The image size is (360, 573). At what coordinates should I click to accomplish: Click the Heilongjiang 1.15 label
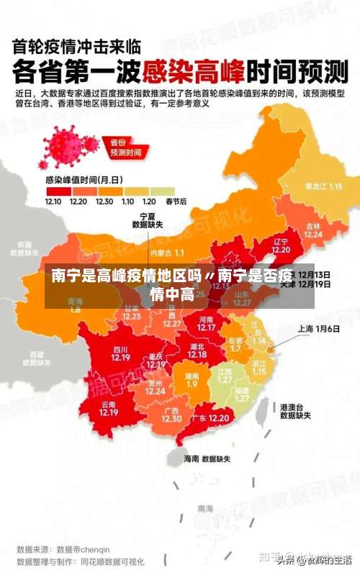(x=323, y=186)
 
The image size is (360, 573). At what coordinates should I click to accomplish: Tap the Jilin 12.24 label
(x=313, y=230)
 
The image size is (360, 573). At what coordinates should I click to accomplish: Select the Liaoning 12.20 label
(x=281, y=245)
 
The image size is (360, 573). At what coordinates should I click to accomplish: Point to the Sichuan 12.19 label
(x=120, y=353)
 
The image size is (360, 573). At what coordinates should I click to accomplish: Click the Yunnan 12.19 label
(x=109, y=409)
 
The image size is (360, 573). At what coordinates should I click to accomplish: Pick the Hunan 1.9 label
(x=192, y=379)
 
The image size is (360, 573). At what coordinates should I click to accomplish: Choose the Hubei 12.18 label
(x=197, y=351)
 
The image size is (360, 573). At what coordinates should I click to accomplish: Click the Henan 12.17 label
(x=206, y=323)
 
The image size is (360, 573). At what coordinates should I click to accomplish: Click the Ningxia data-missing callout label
(x=147, y=220)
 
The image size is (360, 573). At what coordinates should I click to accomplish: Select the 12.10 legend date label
(x=53, y=202)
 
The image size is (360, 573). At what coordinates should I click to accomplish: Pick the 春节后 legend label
(x=176, y=202)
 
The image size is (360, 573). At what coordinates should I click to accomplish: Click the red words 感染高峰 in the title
(x=193, y=72)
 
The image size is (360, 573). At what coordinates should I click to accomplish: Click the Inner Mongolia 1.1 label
(x=168, y=253)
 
